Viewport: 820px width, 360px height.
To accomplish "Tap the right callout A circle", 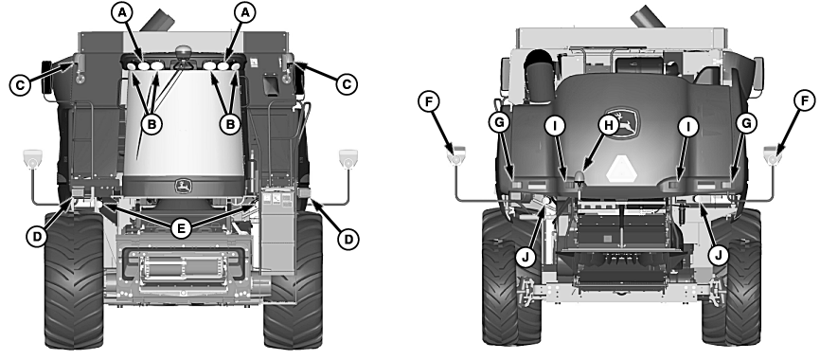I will [245, 12].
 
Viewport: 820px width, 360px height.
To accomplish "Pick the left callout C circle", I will [18, 84].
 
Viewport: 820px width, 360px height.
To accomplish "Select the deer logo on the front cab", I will [178, 186].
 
